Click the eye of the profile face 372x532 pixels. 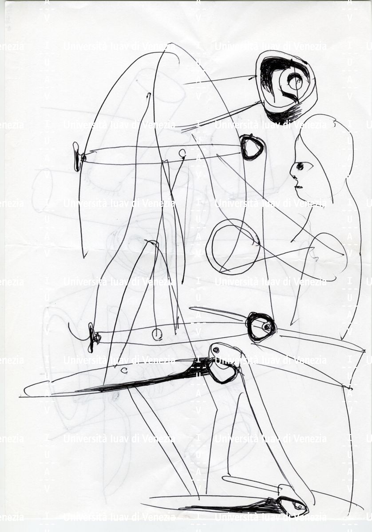pos(300,166)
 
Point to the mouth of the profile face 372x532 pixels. pos(298,187)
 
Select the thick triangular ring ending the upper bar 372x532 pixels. pos(252,147)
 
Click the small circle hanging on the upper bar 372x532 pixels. pos(182,153)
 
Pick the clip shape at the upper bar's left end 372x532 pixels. pos(77,157)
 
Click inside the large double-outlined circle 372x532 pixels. pos(233,246)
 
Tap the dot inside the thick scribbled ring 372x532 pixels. pos(267,327)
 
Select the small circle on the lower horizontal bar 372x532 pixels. pos(157,334)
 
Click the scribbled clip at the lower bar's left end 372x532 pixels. pos(93,337)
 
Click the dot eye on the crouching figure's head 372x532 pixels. pos(216,350)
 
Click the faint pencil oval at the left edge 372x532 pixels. pos(42,190)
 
